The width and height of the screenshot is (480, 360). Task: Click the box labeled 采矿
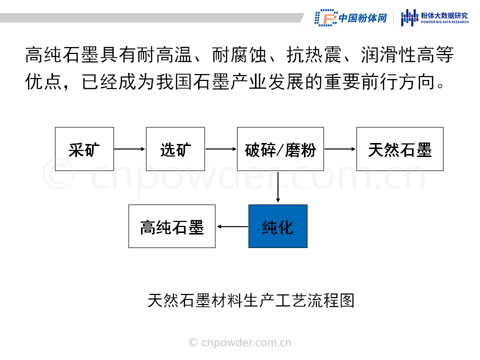[84, 149]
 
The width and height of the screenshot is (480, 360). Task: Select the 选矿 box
[175, 149]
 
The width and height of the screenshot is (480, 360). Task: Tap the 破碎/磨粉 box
[280, 149]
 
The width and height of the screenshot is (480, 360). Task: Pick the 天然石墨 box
[400, 149]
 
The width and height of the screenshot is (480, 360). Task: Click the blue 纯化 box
[278, 226]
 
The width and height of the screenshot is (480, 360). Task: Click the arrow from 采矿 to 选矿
[130, 149]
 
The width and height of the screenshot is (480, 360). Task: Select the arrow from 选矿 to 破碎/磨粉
[221, 149]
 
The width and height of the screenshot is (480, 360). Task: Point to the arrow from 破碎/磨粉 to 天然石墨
[340, 149]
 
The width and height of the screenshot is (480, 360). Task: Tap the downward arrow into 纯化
[278, 186]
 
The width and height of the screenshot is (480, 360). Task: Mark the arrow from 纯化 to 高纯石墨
[232, 226]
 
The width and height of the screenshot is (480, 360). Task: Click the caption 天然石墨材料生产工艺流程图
[251, 300]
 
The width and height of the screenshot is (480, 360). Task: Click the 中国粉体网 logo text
[363, 18]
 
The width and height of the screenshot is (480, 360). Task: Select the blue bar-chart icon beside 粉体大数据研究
[409, 17]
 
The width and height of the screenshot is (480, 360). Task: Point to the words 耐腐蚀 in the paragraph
[239, 55]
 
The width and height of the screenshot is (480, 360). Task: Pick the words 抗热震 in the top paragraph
[314, 55]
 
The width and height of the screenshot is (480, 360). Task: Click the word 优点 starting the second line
[43, 81]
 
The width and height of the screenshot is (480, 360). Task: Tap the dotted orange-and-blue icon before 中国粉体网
[325, 18]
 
